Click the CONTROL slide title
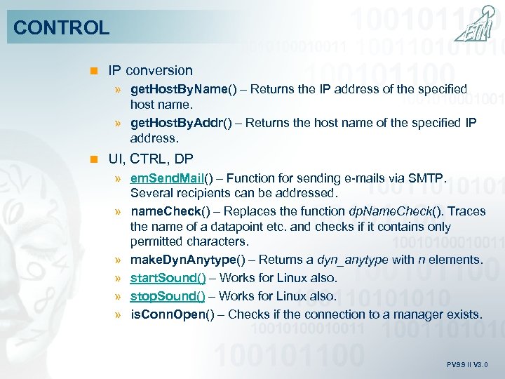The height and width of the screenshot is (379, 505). click(x=62, y=28)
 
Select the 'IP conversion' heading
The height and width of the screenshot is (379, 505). click(x=150, y=70)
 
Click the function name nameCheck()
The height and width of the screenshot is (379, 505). click(x=168, y=211)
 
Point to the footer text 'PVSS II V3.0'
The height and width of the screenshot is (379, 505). click(x=466, y=365)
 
